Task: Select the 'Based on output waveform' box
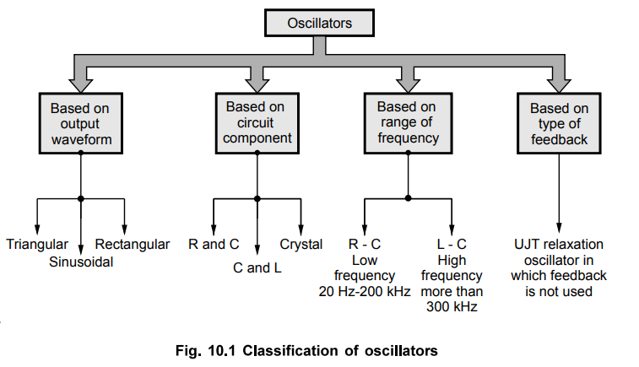pos(80,124)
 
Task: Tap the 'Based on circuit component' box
pos(254,123)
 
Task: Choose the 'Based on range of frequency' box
pos(407,123)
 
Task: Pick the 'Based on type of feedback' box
pos(559,124)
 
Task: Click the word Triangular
pos(37,245)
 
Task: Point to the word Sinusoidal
pos(81,262)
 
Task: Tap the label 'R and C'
pos(214,245)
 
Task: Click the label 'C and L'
pos(256,267)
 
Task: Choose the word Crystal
pos(301,245)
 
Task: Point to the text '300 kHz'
pos(452,308)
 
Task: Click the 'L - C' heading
pos(452,245)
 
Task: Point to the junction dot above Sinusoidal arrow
pos(81,198)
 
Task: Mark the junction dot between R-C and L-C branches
pos(408,198)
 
